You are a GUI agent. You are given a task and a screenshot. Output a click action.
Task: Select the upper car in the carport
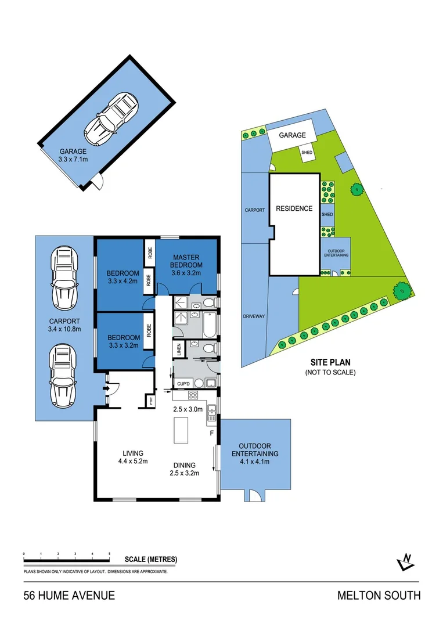coord(63,278)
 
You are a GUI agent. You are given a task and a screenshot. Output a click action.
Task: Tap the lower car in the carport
coord(63,377)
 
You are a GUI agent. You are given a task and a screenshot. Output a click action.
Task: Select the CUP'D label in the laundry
coord(183,384)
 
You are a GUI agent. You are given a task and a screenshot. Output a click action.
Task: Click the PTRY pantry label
coord(150,401)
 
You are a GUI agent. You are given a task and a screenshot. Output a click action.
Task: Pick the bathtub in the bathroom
coord(208,325)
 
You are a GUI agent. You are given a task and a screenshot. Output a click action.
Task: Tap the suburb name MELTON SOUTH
coord(379,596)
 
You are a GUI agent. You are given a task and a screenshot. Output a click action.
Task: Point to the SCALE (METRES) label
coord(151,560)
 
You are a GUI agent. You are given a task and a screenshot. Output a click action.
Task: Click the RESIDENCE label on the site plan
coord(294,208)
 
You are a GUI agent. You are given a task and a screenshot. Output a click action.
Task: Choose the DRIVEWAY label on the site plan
coord(254,316)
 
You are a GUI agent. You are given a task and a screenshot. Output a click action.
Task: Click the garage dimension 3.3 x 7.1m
coord(73,157)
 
